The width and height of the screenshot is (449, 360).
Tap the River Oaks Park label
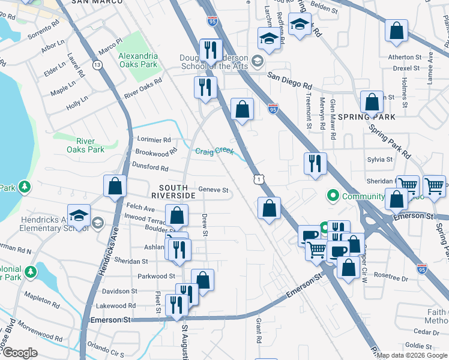85,145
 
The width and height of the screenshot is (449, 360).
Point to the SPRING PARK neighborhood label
367,117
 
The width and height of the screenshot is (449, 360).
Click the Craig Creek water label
214,151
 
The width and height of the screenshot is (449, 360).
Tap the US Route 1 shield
257,179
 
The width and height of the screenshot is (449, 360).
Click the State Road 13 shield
97,64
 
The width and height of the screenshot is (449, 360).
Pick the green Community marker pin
332,196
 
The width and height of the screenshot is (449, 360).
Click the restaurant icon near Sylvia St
315,163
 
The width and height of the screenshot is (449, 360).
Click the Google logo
20,353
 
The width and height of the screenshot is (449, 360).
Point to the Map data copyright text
412,355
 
